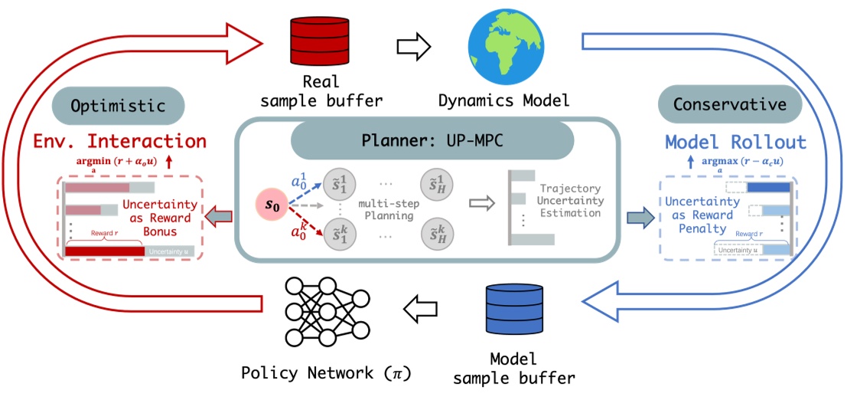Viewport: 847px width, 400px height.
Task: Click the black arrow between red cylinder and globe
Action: (414, 46)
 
